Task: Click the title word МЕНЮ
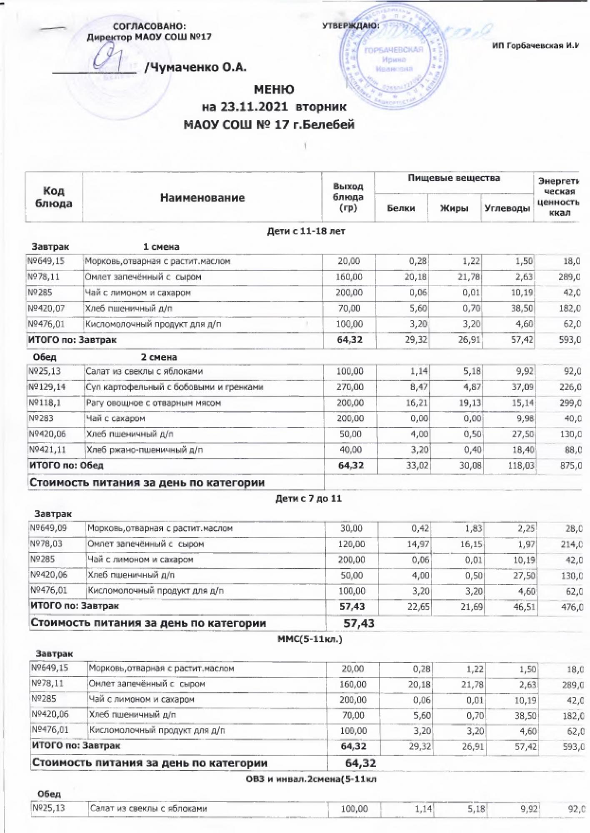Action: point(274,90)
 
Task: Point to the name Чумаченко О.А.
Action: point(195,67)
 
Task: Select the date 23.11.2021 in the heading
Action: point(254,107)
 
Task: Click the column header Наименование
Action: point(202,197)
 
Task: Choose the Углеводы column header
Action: point(507,208)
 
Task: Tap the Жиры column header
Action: point(454,208)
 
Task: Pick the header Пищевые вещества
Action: point(454,178)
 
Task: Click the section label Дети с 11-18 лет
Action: point(306,231)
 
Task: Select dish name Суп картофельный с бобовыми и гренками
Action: point(175,387)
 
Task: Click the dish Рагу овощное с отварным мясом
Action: point(153,403)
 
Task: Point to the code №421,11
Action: point(47,450)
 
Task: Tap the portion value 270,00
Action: point(350,387)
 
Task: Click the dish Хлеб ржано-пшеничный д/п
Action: point(144,450)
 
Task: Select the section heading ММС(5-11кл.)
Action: point(310,639)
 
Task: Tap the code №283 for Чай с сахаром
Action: point(41,419)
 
